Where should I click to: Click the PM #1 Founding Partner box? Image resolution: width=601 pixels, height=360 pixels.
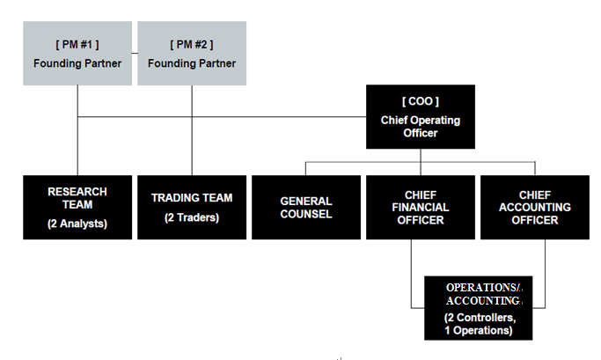click(77, 54)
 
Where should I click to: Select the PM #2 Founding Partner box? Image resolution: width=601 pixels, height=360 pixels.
click(191, 54)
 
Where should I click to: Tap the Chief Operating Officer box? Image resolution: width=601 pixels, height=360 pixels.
click(420, 116)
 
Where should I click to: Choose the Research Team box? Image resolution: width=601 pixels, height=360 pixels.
click(77, 207)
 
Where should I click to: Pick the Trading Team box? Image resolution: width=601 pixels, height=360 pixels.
click(191, 207)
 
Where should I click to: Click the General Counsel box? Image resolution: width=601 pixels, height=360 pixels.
click(305, 207)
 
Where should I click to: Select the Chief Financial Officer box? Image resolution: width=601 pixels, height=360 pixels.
click(420, 207)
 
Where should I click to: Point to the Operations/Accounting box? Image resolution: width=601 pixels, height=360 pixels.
click(479, 308)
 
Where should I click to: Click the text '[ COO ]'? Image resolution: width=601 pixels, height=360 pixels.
click(420, 101)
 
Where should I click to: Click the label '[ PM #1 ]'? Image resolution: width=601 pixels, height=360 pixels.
click(77, 44)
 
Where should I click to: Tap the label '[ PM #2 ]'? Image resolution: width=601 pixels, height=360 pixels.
click(191, 44)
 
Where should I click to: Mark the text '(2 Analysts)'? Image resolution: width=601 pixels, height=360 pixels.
click(77, 224)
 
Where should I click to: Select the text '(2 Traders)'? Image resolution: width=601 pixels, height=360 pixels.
click(191, 217)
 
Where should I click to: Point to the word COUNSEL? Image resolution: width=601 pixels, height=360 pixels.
click(305, 214)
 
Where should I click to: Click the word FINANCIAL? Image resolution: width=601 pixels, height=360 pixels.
click(420, 208)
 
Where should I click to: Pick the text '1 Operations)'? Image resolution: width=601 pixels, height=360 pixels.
click(479, 330)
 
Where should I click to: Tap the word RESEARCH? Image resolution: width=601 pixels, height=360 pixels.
click(77, 191)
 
